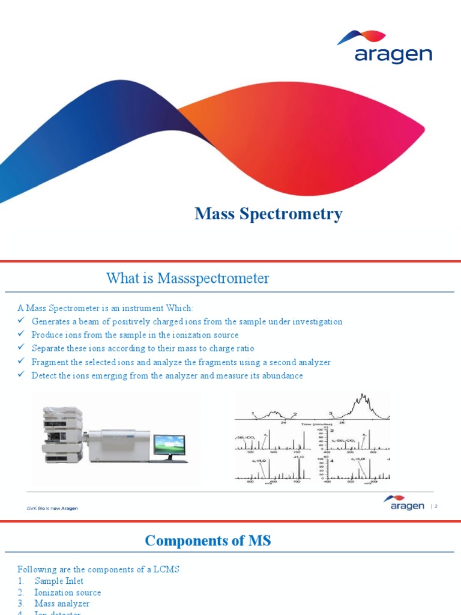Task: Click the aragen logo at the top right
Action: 393,48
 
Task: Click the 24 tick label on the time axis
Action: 283,422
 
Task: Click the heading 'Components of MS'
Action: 208,541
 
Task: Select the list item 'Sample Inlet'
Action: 59,581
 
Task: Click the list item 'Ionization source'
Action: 67,592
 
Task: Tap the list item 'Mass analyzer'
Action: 62,604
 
